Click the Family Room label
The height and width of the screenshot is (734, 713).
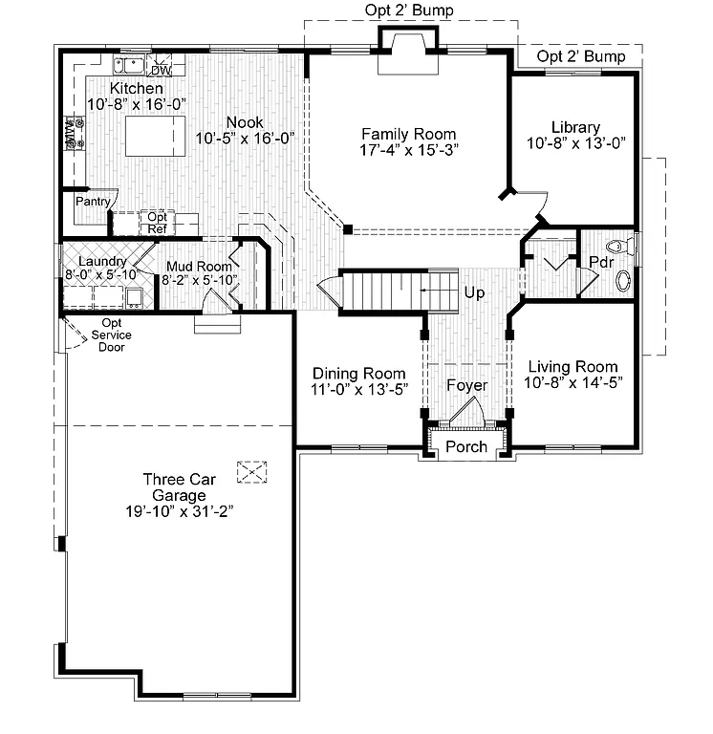coord(408,134)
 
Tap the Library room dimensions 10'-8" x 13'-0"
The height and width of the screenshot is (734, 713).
coord(575,143)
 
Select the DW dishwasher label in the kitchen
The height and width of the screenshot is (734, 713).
coord(161,71)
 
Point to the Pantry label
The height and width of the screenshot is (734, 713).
coord(94,202)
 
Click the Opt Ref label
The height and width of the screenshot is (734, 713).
coord(157,223)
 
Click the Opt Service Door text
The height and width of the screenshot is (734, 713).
coord(111,335)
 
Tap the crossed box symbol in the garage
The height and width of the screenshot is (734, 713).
coord(252,471)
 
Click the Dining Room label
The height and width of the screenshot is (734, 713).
coord(359,373)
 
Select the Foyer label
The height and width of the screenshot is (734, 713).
coord(466,385)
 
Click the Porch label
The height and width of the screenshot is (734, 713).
coord(466,446)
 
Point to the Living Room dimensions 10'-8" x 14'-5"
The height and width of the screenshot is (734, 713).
coord(573,382)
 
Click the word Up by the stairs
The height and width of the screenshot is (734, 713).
coord(474,292)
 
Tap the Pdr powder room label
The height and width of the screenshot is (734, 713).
coord(600,262)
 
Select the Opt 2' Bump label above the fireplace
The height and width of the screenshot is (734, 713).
coord(409,11)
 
